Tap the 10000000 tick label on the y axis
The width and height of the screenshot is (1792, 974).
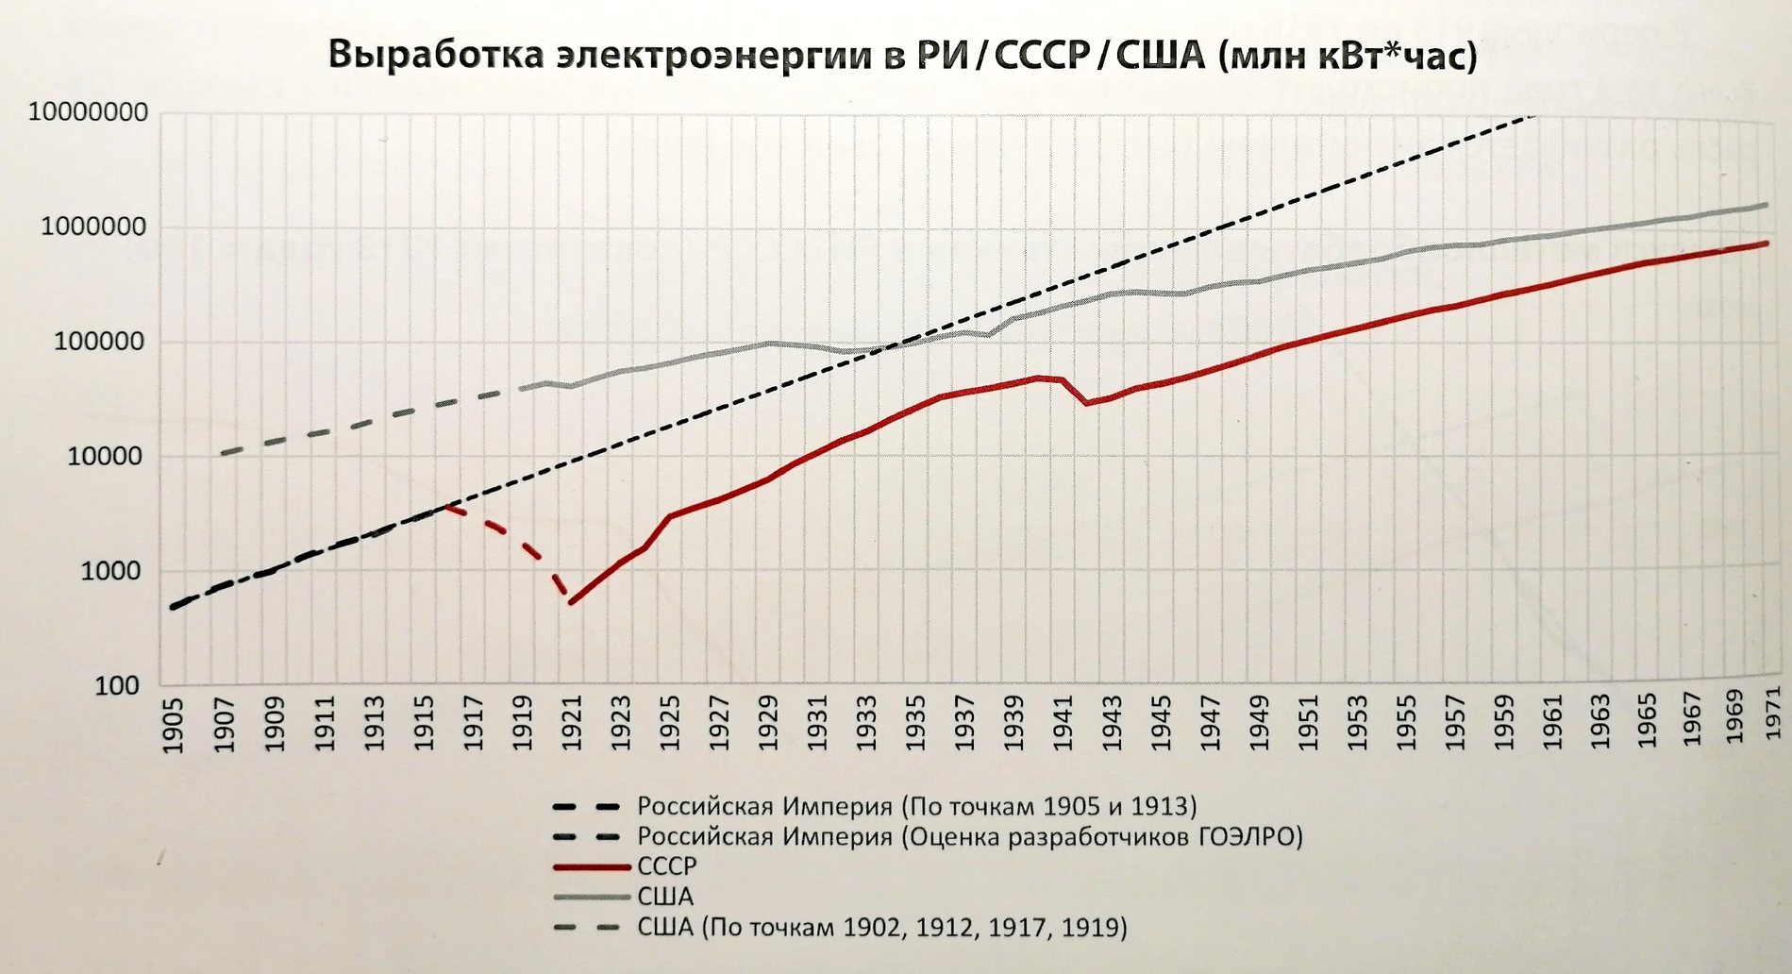(x=88, y=112)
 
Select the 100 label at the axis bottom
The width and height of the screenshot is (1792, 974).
(x=117, y=686)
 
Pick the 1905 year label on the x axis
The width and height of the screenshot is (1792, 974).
(x=174, y=725)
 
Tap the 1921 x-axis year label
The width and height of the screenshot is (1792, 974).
(x=571, y=725)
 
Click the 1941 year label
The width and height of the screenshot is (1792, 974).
(x=1063, y=725)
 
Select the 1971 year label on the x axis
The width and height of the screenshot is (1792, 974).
(x=1772, y=714)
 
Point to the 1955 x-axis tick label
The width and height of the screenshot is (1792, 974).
(x=1407, y=725)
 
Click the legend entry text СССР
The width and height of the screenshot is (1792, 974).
(x=666, y=866)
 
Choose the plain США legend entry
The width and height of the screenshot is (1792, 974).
(x=665, y=897)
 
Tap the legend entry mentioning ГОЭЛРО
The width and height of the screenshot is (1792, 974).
(x=969, y=836)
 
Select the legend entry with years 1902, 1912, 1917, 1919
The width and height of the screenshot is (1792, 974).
(x=881, y=927)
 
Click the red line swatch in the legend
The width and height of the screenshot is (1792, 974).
(x=591, y=866)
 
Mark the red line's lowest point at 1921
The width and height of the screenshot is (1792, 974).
(x=571, y=602)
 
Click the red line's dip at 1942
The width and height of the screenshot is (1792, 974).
(x=1088, y=403)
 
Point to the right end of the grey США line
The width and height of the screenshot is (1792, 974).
(x=1767, y=205)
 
